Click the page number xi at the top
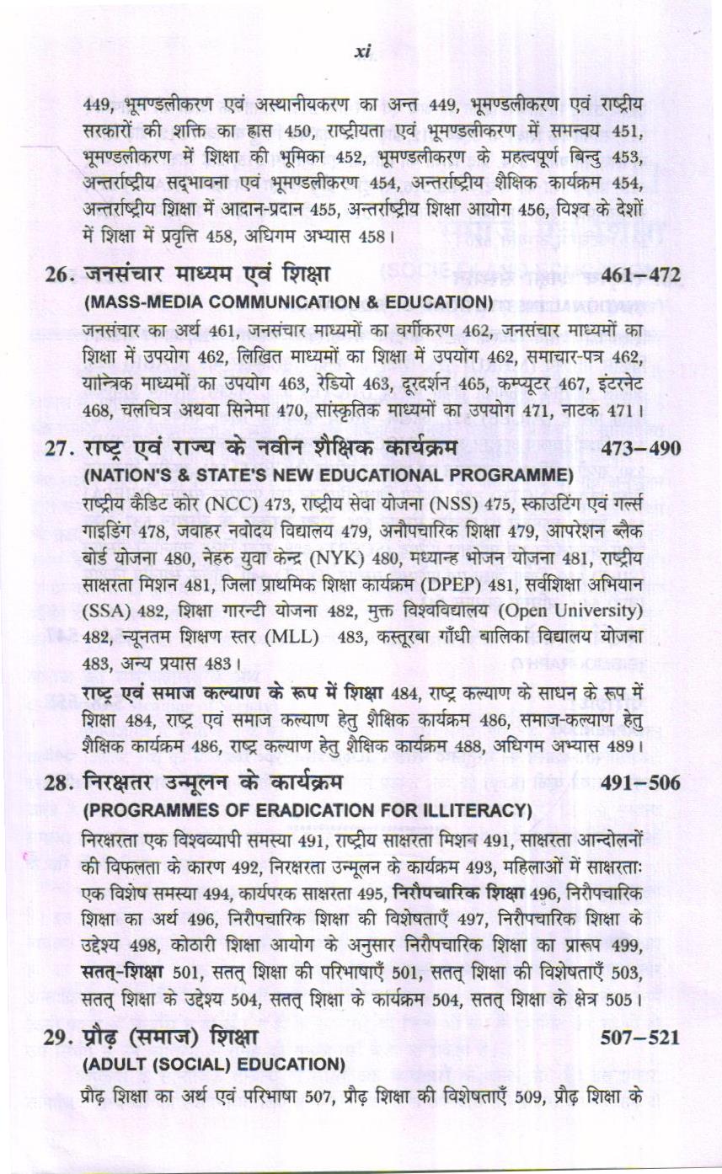(x=362, y=51)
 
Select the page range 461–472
(x=641, y=275)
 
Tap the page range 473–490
(x=641, y=448)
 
